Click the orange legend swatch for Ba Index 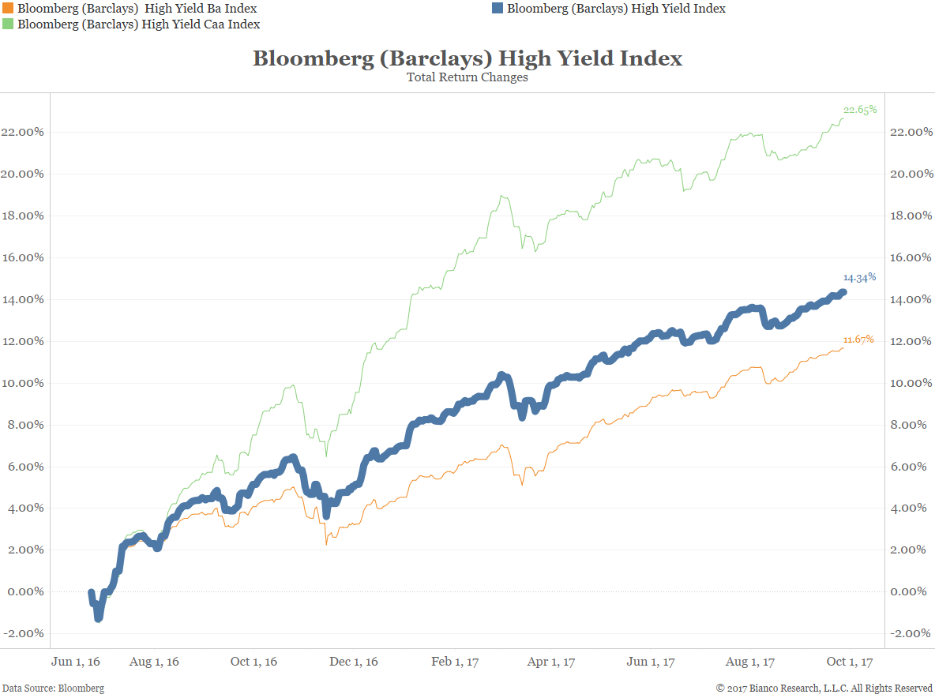[8, 9]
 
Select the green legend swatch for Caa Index [8, 24]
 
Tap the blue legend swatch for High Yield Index [498, 9]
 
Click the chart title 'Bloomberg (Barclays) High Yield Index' [467, 58]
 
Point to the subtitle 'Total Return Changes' [467, 77]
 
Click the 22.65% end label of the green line [860, 110]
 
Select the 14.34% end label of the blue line [860, 277]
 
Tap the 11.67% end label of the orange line [858, 340]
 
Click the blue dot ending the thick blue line [843, 292]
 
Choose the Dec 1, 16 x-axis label [354, 662]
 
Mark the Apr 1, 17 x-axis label [550, 662]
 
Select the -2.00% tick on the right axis [911, 633]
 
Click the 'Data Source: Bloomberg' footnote [53, 689]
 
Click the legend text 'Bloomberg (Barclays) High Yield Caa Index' [139, 24]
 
